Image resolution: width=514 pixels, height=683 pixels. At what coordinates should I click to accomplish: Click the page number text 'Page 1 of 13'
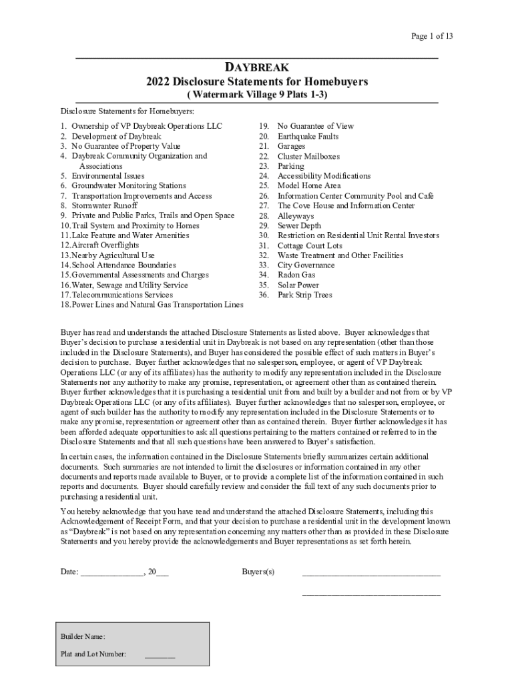pyautogui.click(x=432, y=36)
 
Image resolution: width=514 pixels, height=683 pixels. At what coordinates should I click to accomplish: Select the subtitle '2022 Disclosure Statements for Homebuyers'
pyautogui.click(x=257, y=81)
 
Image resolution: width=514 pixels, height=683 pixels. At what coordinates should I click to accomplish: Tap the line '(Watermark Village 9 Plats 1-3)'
pyautogui.click(x=257, y=95)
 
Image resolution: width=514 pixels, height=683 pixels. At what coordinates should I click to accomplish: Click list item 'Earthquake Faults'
pyautogui.click(x=308, y=136)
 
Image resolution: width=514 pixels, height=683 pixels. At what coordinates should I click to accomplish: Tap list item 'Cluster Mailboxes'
pyautogui.click(x=308, y=156)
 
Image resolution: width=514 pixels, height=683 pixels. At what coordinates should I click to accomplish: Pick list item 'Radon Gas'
pyautogui.click(x=296, y=275)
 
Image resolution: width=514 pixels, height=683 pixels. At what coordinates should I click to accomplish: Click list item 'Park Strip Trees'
pyautogui.click(x=304, y=295)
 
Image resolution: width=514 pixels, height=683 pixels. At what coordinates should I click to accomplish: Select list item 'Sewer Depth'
pyautogui.click(x=299, y=225)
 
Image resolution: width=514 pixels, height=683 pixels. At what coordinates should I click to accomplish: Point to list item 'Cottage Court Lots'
pyautogui.click(x=310, y=245)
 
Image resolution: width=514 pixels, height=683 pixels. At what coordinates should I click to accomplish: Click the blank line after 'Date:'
pyautogui.click(x=111, y=572)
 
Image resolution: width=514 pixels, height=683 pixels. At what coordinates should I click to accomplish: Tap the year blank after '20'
pyautogui.click(x=162, y=572)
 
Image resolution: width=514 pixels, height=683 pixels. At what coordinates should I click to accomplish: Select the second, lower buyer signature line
pyautogui.click(x=371, y=593)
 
